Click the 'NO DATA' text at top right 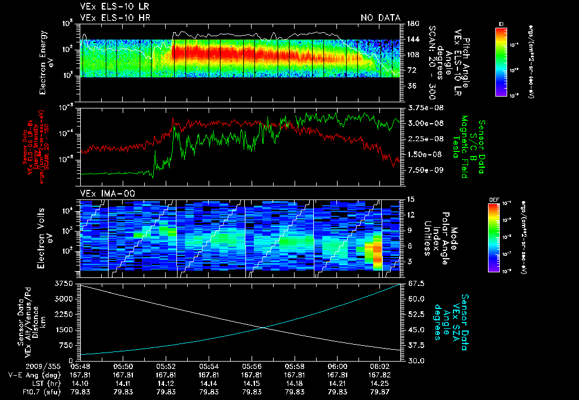380,18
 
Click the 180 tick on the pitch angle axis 412,24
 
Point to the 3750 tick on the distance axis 66,282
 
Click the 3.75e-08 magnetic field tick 421,107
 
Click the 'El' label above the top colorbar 501,24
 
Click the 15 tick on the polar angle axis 411,199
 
